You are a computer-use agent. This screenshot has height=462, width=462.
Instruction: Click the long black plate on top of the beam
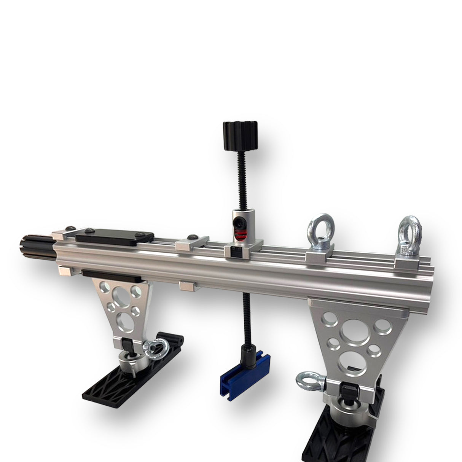point(114,237)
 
